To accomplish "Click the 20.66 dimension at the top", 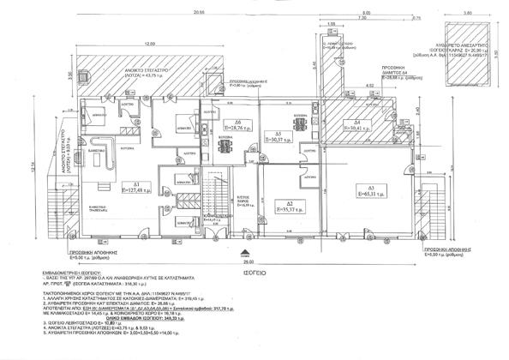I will coord(199,13).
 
